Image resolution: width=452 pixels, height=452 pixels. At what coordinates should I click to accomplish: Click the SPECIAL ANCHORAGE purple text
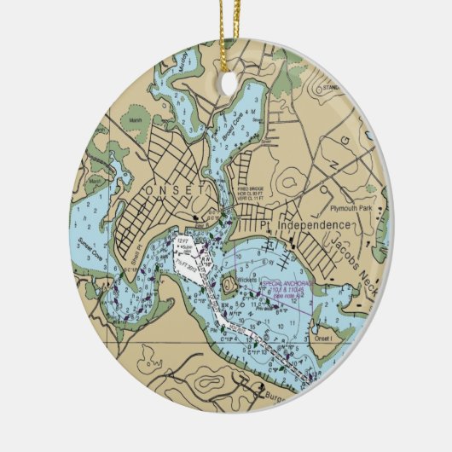pyautogui.click(x=287, y=285)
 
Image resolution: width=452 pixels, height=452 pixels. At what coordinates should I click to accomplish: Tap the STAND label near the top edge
pyautogui.click(x=330, y=86)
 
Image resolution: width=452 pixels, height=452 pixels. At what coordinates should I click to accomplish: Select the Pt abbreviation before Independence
pyautogui.click(x=264, y=224)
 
